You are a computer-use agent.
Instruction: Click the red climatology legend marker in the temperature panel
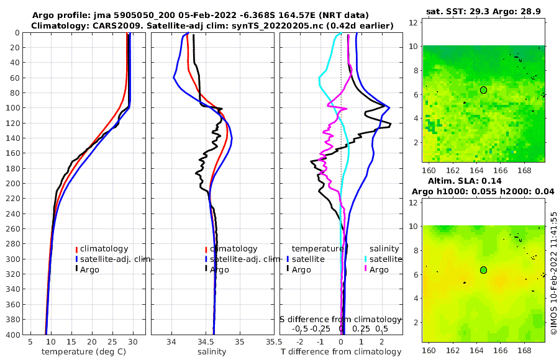(x=77, y=249)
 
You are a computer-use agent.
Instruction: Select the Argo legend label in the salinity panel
(x=219, y=269)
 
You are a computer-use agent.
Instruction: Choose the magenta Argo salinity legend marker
(x=366, y=269)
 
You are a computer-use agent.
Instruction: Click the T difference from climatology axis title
(x=341, y=352)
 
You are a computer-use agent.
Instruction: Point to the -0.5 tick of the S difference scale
(x=301, y=328)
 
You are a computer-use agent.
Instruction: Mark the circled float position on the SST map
(x=483, y=90)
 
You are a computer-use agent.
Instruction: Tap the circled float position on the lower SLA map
(x=483, y=270)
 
